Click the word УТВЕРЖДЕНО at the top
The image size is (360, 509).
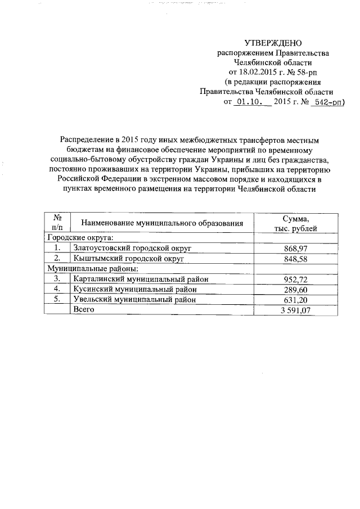click(273, 44)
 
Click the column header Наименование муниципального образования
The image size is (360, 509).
click(161, 223)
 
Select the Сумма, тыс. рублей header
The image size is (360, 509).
click(295, 223)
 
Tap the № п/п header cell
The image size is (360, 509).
click(56, 223)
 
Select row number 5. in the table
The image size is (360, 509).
click(56, 299)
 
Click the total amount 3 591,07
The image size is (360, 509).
click(295, 310)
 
